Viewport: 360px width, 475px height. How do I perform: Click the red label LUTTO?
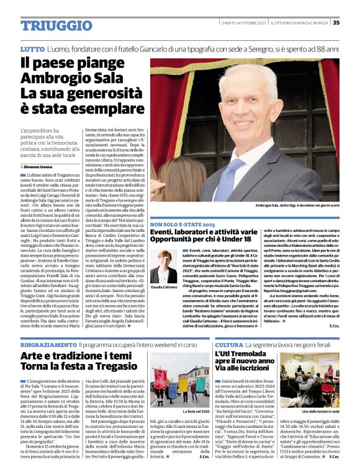point(32,48)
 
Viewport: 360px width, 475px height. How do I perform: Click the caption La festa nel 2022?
point(196,411)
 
